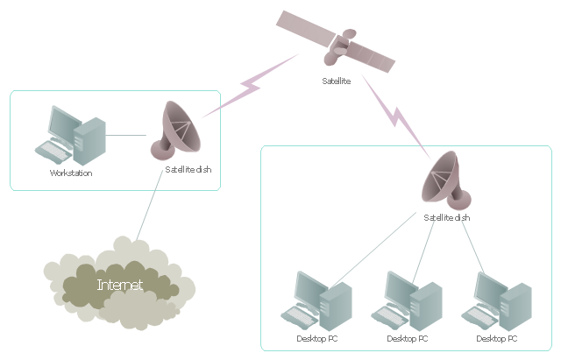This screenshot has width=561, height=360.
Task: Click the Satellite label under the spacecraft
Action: [336, 81]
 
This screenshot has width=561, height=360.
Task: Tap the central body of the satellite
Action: [339, 47]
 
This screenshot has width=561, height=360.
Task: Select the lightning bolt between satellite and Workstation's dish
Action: [251, 86]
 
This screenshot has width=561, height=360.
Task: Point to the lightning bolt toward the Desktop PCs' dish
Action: [395, 116]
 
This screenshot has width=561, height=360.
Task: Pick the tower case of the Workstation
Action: [89, 141]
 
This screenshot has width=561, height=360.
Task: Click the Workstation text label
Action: [71, 173]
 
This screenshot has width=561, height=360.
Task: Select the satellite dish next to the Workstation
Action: [175, 131]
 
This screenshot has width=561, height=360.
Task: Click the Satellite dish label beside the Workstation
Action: [188, 169]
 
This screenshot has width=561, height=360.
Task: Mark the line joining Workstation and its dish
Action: [126, 135]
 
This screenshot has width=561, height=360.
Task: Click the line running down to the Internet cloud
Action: [150, 206]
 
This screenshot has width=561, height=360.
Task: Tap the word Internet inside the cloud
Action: [120, 285]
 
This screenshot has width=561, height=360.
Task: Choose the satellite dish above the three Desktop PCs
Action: [446, 180]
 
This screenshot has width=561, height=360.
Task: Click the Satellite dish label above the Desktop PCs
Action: [447, 218]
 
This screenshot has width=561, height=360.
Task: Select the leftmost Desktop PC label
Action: [317, 339]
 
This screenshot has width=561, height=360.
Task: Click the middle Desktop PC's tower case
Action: [426, 307]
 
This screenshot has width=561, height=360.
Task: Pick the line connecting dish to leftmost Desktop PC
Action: [373, 251]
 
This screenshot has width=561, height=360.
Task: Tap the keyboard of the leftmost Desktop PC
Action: [300, 317]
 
